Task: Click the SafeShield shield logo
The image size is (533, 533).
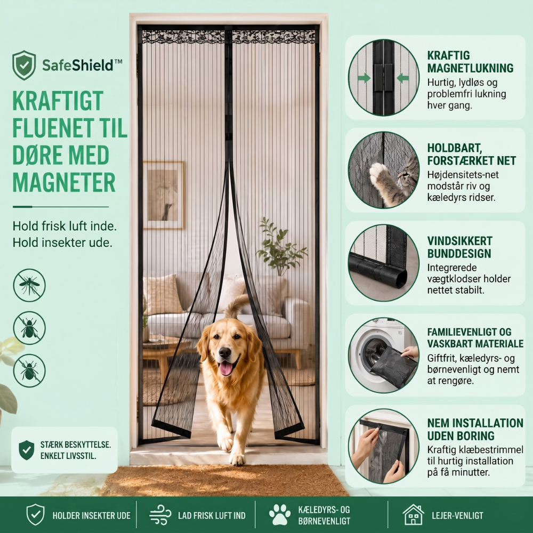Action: [x=24, y=65]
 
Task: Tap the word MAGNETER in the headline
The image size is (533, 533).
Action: [x=64, y=183]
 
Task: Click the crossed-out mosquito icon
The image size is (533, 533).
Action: [x=29, y=285]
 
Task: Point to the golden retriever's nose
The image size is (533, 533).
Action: [x=225, y=353]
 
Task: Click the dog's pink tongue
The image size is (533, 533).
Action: [x=225, y=368]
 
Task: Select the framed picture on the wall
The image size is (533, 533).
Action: [x=164, y=195]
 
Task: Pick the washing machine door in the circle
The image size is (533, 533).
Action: [x=374, y=355]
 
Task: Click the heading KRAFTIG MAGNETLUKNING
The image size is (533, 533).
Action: [x=470, y=61]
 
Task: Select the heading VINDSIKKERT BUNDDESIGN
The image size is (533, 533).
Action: [x=459, y=247]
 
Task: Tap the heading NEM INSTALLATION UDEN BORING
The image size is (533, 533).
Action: [x=475, y=429]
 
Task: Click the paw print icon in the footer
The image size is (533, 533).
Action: [x=280, y=514]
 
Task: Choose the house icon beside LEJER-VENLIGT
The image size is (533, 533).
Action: [x=413, y=515]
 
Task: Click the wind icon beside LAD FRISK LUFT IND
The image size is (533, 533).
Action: [x=160, y=515]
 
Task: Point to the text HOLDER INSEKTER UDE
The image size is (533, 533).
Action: [x=92, y=515]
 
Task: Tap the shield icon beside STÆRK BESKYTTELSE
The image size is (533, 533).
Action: [x=26, y=450]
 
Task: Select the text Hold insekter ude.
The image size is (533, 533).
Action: [x=62, y=243]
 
